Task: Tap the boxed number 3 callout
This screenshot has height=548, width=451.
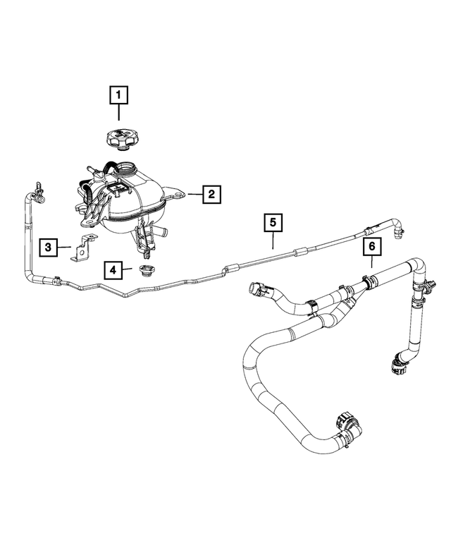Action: point(49,247)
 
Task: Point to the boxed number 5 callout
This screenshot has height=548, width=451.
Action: point(273,223)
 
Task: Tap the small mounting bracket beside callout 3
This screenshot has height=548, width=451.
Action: point(84,248)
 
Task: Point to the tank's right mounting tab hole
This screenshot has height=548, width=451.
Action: point(179,193)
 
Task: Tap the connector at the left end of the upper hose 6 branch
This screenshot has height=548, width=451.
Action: point(256,289)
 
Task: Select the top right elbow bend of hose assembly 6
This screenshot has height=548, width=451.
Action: point(419,270)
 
